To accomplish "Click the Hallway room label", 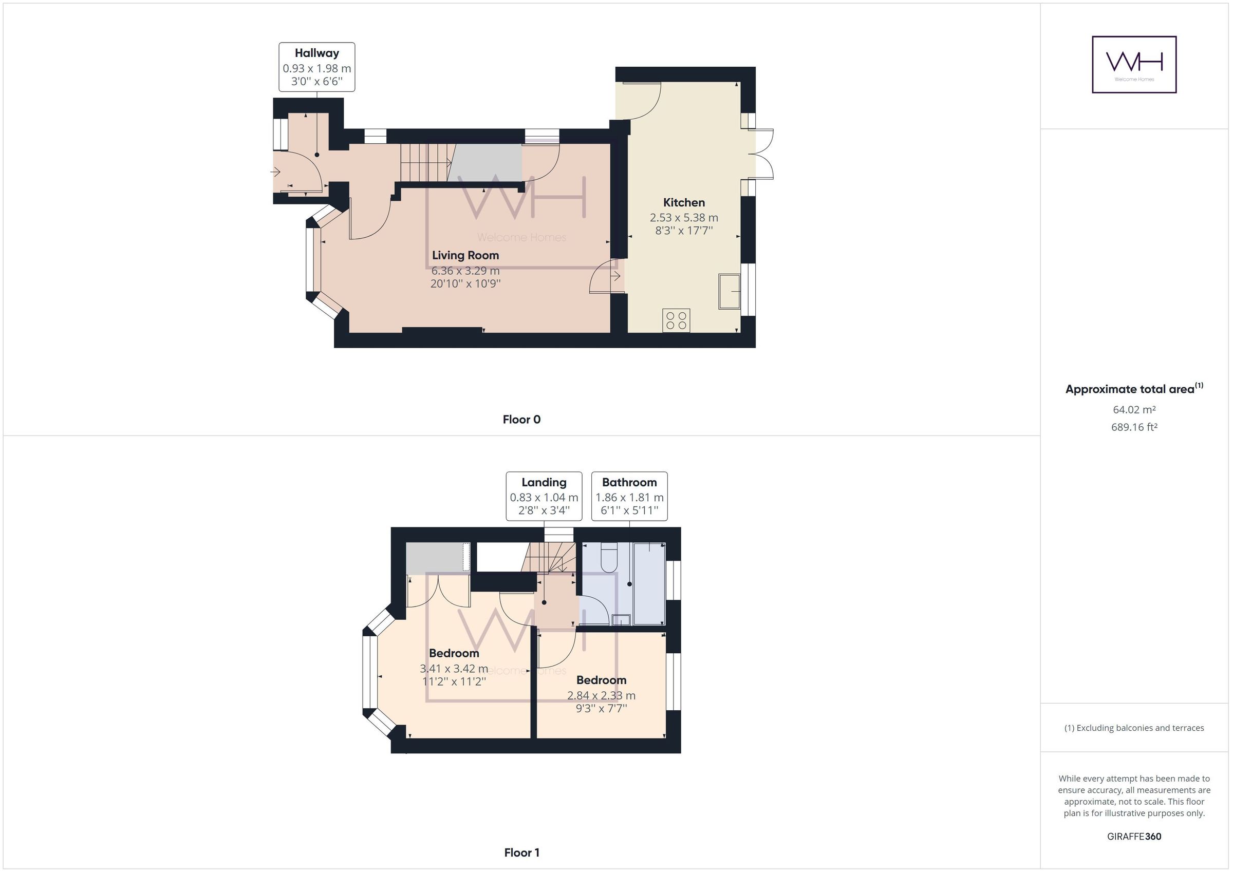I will pos(317,53).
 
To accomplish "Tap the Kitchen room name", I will pos(684,202).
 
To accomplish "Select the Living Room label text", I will pos(465,255).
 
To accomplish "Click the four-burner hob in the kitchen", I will pos(676,320).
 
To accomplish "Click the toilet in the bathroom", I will pos(609,558).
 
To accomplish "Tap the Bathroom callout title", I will pos(629,482).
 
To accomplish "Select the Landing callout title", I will pos(544,482).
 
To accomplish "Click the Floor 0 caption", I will pos(521,420).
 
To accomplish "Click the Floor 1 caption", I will pos(521,852).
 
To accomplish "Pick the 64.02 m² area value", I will pos(1134,410).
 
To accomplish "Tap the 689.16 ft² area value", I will pos(1134,427).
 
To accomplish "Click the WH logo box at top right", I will pos(1134,64).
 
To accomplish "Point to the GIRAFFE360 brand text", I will pos(1134,836).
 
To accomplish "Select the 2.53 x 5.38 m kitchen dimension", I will pos(684,217).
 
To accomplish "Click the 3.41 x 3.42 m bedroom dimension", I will pos(454,669).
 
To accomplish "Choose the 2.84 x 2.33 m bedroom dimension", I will pos(601,695).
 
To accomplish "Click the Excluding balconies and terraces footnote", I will pos(1134,728).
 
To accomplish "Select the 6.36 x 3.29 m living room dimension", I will pos(465,271).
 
